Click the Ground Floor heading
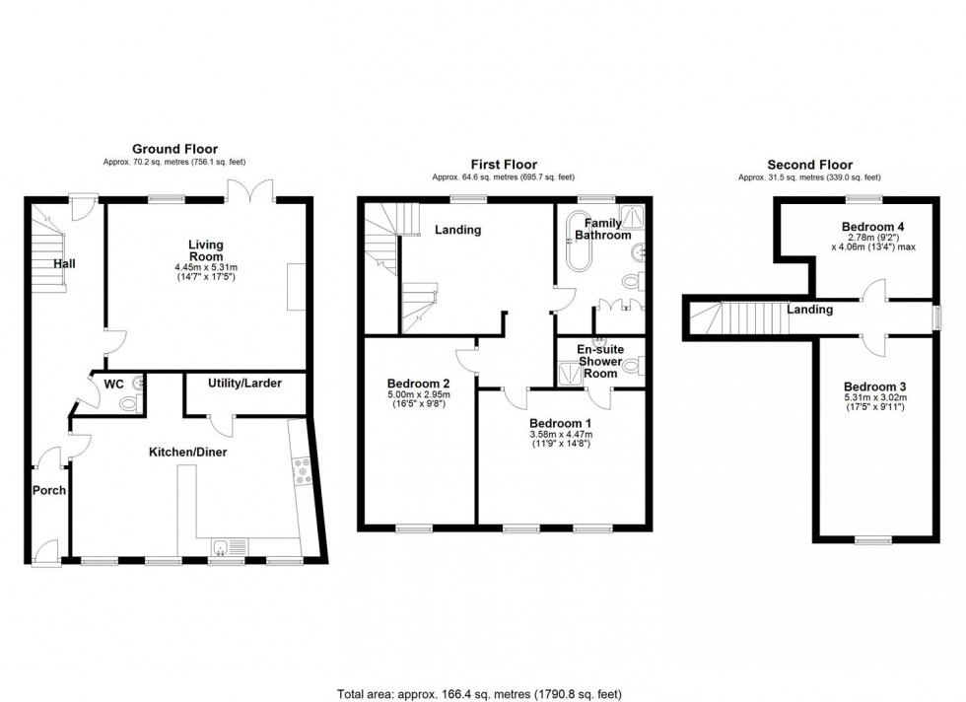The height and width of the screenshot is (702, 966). [x=174, y=149]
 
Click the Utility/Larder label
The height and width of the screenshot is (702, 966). [x=244, y=382]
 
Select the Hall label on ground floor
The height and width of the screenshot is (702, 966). [x=66, y=263]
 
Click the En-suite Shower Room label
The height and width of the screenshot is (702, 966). [x=598, y=361]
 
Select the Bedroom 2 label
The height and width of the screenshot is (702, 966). [x=419, y=384]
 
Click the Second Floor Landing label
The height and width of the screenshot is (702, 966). [x=809, y=310]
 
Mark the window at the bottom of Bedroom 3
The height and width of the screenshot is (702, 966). [x=869, y=540]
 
